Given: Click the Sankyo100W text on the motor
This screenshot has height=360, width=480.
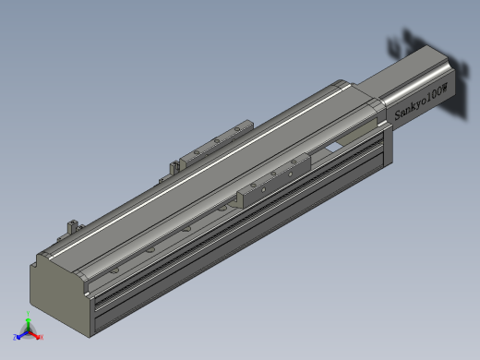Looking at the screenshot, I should pos(421,102).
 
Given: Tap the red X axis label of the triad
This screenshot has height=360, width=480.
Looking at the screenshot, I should pos(42,337).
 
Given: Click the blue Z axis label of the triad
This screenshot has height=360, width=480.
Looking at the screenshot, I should pos(16,337).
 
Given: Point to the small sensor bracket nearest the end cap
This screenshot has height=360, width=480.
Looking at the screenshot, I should pos(71,224).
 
